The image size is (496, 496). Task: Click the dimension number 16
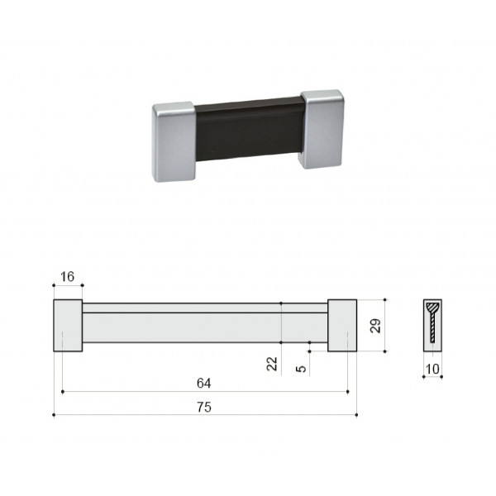tap(67, 277)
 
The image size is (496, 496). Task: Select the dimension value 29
tap(375, 326)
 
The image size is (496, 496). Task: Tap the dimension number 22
tap(272, 364)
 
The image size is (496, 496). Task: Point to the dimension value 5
tap(301, 369)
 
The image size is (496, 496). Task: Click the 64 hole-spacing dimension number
tap(203, 383)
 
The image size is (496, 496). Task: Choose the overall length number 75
tap(204, 407)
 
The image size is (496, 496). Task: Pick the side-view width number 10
tap(432, 369)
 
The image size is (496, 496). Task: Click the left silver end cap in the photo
tap(174, 141)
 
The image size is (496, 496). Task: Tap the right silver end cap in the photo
tap(322, 129)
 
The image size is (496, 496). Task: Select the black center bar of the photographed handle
tap(248, 130)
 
